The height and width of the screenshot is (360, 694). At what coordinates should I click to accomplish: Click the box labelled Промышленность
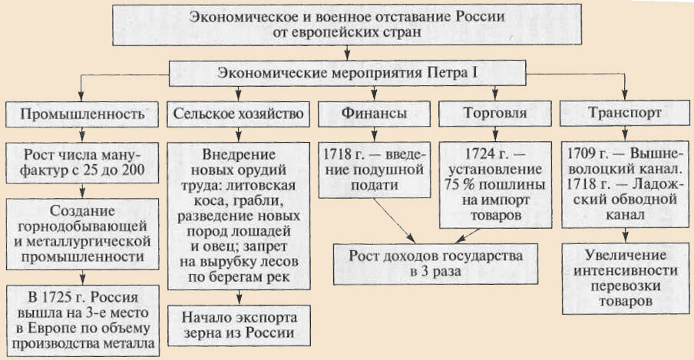click(x=82, y=114)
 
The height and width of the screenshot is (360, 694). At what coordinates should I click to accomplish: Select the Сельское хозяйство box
click(x=239, y=114)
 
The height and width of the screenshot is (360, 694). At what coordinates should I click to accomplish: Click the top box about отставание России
click(x=346, y=25)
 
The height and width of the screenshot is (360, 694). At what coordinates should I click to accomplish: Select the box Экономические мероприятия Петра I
click(x=348, y=74)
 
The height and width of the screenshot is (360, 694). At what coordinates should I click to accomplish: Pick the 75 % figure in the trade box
click(x=458, y=185)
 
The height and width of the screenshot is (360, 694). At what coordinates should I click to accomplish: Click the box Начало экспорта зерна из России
click(x=238, y=325)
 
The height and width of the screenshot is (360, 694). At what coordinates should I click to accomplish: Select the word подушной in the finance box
click(x=386, y=168)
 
